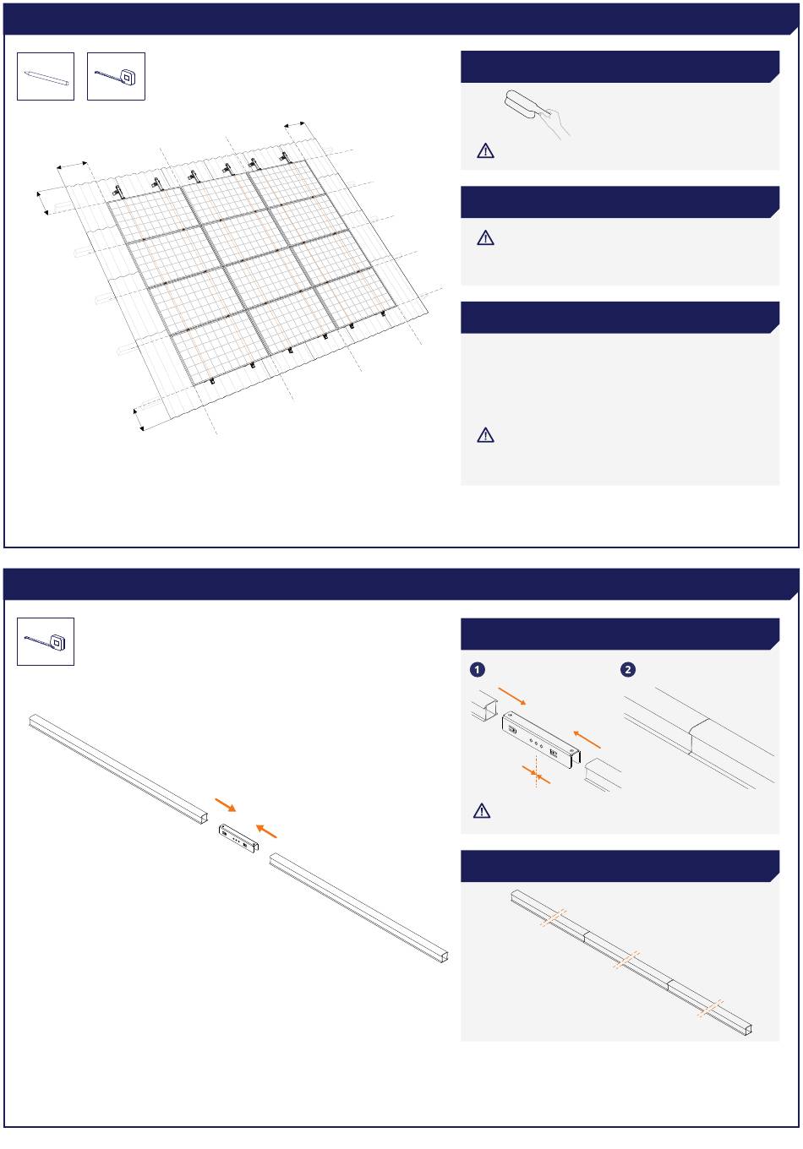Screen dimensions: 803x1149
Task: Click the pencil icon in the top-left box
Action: coord(46,78)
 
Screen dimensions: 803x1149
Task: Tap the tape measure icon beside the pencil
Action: coord(116,76)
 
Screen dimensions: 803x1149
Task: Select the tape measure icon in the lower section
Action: coord(46,642)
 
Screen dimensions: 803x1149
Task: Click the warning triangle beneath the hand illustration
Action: coord(485,150)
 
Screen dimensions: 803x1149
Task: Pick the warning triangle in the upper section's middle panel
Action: coord(485,238)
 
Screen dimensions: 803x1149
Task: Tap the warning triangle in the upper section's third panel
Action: coord(485,435)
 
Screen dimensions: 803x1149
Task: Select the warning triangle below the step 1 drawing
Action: coord(481,811)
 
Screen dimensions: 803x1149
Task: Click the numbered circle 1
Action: coord(478,669)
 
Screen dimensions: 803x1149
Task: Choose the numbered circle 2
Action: coord(627,669)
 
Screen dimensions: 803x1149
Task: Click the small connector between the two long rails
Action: coord(238,838)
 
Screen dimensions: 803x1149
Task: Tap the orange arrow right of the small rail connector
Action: coord(266,831)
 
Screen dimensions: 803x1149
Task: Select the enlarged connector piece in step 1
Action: coord(541,740)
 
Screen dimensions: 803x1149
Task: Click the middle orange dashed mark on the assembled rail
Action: coord(626,960)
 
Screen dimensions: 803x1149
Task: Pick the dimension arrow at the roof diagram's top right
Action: coord(295,125)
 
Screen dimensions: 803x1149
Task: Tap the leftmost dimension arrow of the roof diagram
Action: coord(42,203)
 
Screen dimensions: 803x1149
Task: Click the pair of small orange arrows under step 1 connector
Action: coord(536,775)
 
